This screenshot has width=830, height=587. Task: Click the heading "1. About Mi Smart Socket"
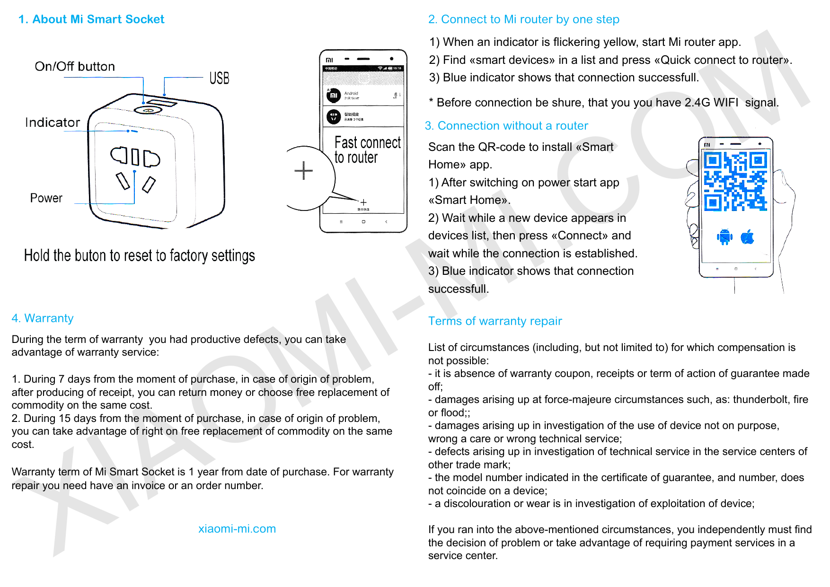pyautogui.click(x=91, y=19)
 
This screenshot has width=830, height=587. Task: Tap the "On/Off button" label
pyautogui.click(x=75, y=67)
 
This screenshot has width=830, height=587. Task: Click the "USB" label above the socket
pyautogui.click(x=219, y=78)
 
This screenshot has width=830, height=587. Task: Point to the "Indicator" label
pyautogui.click(x=53, y=123)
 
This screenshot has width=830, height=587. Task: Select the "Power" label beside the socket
pyautogui.click(x=46, y=198)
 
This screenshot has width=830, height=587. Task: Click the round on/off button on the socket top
pyautogui.click(x=148, y=110)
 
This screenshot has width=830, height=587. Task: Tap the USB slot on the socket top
pyautogui.click(x=161, y=102)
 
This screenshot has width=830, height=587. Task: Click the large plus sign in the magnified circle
pyautogui.click(x=303, y=170)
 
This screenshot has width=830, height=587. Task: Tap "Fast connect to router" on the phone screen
pyautogui.click(x=367, y=149)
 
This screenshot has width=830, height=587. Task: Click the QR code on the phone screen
pyautogui.click(x=735, y=181)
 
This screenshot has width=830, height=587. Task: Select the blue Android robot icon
pyautogui.click(x=724, y=237)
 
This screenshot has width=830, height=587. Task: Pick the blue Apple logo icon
pyautogui.click(x=748, y=237)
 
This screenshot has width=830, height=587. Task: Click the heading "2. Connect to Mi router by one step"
pyautogui.click(x=523, y=19)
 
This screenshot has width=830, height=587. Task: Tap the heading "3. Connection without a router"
pyautogui.click(x=506, y=126)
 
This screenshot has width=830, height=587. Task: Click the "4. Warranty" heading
pyautogui.click(x=43, y=318)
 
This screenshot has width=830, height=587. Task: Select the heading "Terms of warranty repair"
pyautogui.click(x=495, y=321)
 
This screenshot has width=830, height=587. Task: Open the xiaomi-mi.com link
pyautogui.click(x=237, y=529)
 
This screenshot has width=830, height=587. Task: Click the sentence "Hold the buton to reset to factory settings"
pyautogui.click(x=140, y=256)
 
